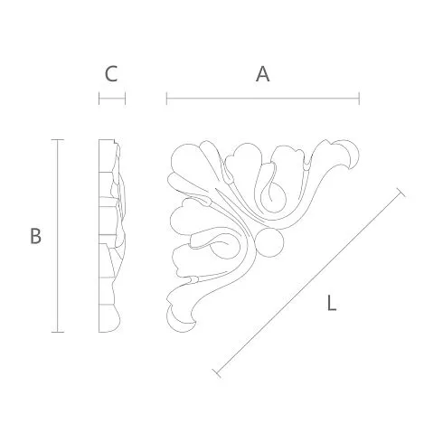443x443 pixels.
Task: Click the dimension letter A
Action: [262, 74]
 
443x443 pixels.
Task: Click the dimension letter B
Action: [35, 236]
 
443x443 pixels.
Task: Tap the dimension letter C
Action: [111, 74]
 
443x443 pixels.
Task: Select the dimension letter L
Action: [332, 303]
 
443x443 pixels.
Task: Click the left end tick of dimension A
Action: [166, 99]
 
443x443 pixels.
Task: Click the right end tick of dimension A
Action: [359, 99]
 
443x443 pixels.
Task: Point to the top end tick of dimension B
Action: [57, 140]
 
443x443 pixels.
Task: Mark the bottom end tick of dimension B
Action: [57, 332]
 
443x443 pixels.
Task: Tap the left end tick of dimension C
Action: [99, 99]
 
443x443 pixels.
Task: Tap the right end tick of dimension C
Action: [125, 99]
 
